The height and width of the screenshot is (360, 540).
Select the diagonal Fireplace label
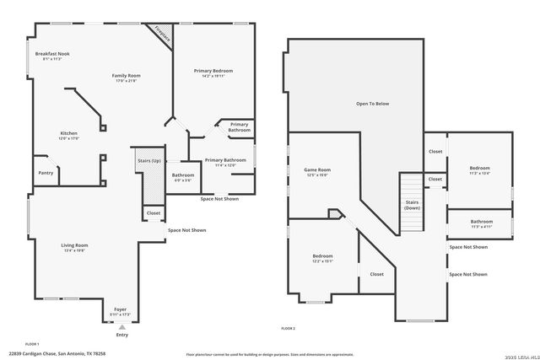pos(162,33)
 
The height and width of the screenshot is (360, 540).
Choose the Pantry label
pos(46,173)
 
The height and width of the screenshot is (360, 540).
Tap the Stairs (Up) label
pos(149,160)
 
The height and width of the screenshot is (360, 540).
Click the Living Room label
pos(74,247)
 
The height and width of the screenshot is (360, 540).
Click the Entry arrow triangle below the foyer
pos(122,326)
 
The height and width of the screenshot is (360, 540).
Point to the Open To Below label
pos(371,104)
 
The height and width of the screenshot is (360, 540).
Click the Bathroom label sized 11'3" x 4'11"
pos(482,223)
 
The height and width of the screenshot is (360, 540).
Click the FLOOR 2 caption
pos(288,328)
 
